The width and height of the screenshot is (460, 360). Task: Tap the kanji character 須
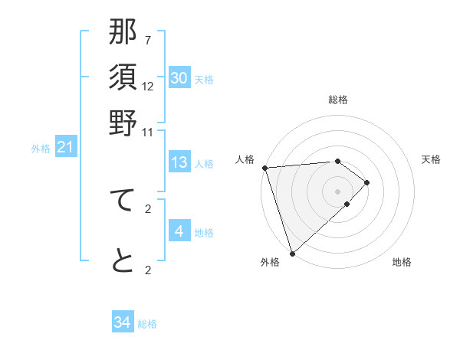(x=123, y=78)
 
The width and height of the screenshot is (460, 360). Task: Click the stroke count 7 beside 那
(x=148, y=40)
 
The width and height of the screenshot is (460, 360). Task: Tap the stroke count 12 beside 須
(x=148, y=86)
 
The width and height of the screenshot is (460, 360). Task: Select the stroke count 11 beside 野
(x=148, y=132)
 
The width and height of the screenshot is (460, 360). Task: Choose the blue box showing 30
(x=179, y=78)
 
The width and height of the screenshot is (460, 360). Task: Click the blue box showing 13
(x=179, y=162)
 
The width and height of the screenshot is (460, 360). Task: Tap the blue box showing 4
(x=179, y=231)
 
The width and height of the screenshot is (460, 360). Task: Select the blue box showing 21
(x=65, y=147)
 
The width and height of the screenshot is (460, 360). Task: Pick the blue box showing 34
(x=123, y=322)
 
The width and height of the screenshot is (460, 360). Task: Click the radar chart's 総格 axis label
(x=338, y=100)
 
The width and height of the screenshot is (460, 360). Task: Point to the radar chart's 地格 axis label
(x=402, y=263)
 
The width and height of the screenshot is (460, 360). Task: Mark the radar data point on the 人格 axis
(x=264, y=168)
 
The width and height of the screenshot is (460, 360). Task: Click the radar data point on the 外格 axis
(x=292, y=253)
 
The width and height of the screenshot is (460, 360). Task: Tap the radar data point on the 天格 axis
(x=367, y=182)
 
